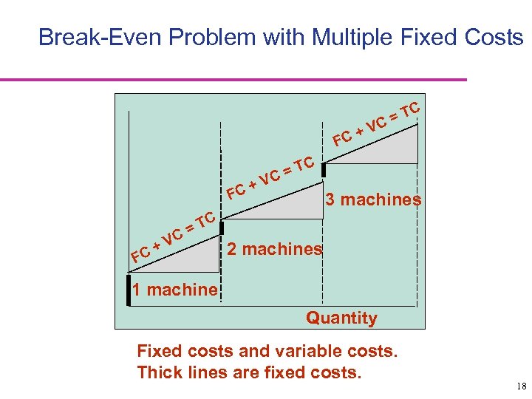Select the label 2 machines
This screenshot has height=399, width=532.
tap(275, 249)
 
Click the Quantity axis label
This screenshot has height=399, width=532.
tap(341, 318)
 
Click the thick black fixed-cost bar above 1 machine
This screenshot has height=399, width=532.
tap(129, 289)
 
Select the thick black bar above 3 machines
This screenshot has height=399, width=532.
tap(324, 169)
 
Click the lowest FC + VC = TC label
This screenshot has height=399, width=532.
tap(172, 236)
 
